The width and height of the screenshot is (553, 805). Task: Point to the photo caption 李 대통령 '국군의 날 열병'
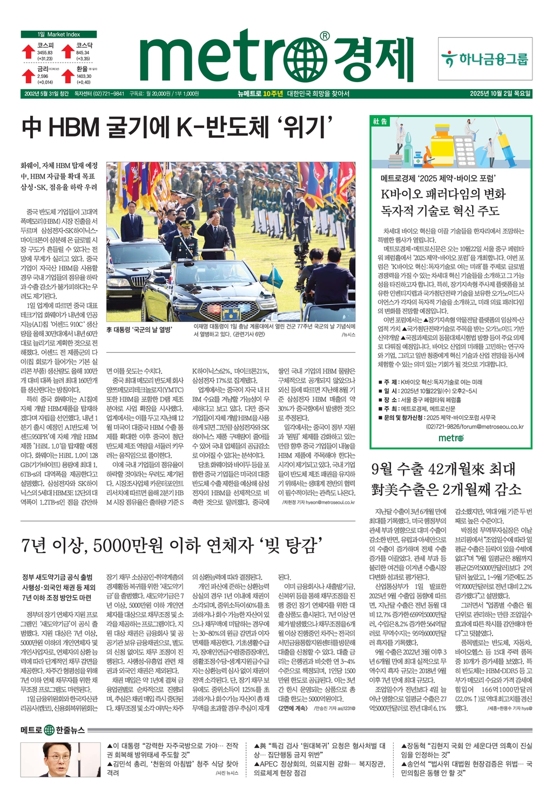click(139, 330)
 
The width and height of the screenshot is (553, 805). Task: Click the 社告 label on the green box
click(380, 122)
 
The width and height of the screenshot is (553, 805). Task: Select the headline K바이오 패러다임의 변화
click(443, 194)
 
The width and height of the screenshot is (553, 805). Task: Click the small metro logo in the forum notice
click(451, 438)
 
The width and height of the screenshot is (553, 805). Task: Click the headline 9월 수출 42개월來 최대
click(443, 469)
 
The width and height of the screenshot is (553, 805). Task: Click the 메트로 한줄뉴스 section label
click(53, 730)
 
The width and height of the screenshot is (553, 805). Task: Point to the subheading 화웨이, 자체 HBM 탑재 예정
click(59, 165)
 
